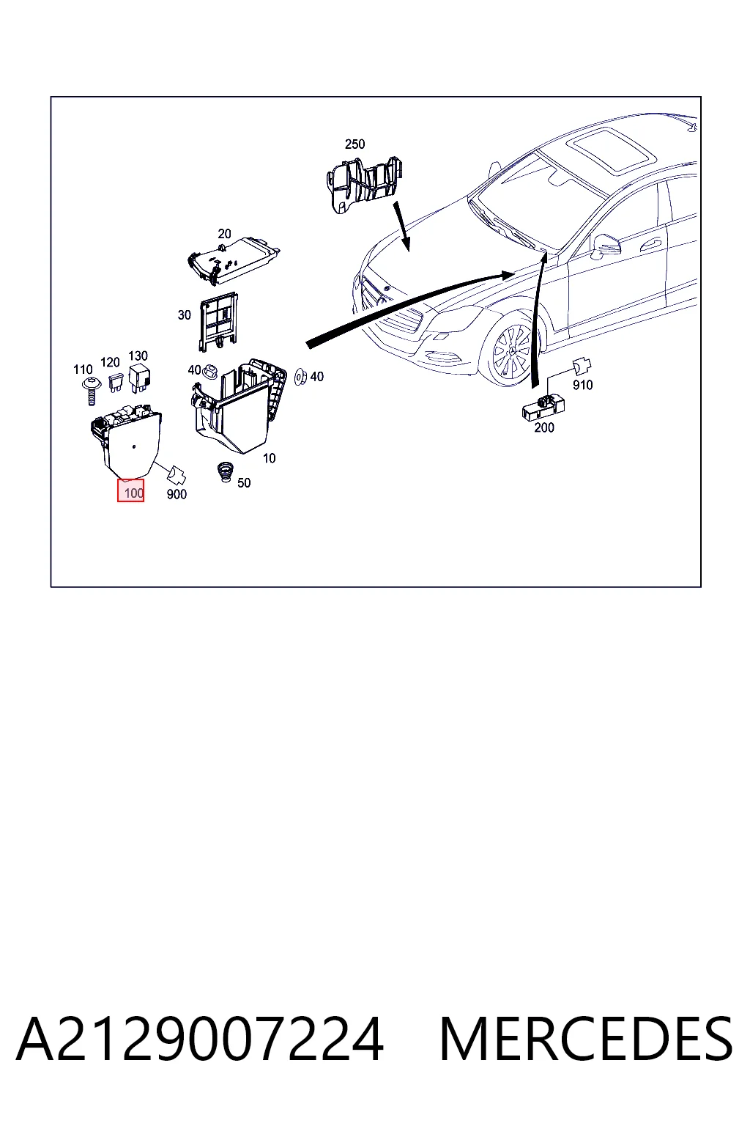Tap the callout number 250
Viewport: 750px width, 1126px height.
354,144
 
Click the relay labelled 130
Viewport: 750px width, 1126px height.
140,378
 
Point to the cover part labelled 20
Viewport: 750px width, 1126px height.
233,260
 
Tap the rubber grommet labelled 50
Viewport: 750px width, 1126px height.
225,473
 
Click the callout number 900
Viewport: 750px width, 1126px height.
177,494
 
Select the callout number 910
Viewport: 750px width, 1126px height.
583,385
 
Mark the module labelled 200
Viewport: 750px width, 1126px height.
543,407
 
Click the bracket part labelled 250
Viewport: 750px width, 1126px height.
365,185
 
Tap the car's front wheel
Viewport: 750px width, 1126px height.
511,350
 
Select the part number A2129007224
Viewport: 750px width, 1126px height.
200,1039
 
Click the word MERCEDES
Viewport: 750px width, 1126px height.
586,1039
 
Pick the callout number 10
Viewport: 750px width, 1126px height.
270,458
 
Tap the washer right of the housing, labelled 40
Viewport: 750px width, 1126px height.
300,377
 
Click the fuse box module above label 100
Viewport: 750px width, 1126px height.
127,439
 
